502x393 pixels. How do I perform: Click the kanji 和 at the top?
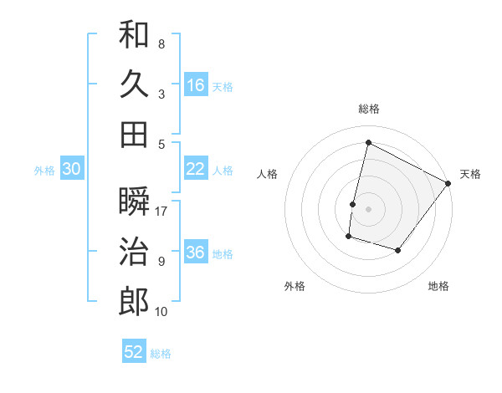(x=134, y=34)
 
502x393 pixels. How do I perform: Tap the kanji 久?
(x=134, y=84)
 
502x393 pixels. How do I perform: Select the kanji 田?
(x=134, y=134)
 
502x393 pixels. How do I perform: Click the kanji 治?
(x=134, y=252)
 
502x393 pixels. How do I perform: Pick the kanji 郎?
(x=134, y=302)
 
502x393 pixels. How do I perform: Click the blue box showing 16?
(x=196, y=85)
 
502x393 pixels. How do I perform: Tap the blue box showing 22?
(x=196, y=169)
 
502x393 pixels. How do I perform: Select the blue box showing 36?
(x=196, y=253)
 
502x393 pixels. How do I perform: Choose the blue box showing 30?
(x=71, y=169)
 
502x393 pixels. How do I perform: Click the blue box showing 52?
(x=134, y=352)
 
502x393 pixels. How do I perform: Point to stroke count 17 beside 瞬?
(x=162, y=212)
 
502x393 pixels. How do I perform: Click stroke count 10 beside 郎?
(x=162, y=312)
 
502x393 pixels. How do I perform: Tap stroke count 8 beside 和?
(x=161, y=44)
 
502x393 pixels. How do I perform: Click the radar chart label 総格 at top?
(x=368, y=109)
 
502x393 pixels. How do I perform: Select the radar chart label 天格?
(x=470, y=174)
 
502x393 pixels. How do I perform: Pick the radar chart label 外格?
(x=295, y=287)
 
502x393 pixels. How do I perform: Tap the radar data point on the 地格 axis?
(x=398, y=250)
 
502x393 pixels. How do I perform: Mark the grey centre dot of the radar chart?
(x=368, y=209)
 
